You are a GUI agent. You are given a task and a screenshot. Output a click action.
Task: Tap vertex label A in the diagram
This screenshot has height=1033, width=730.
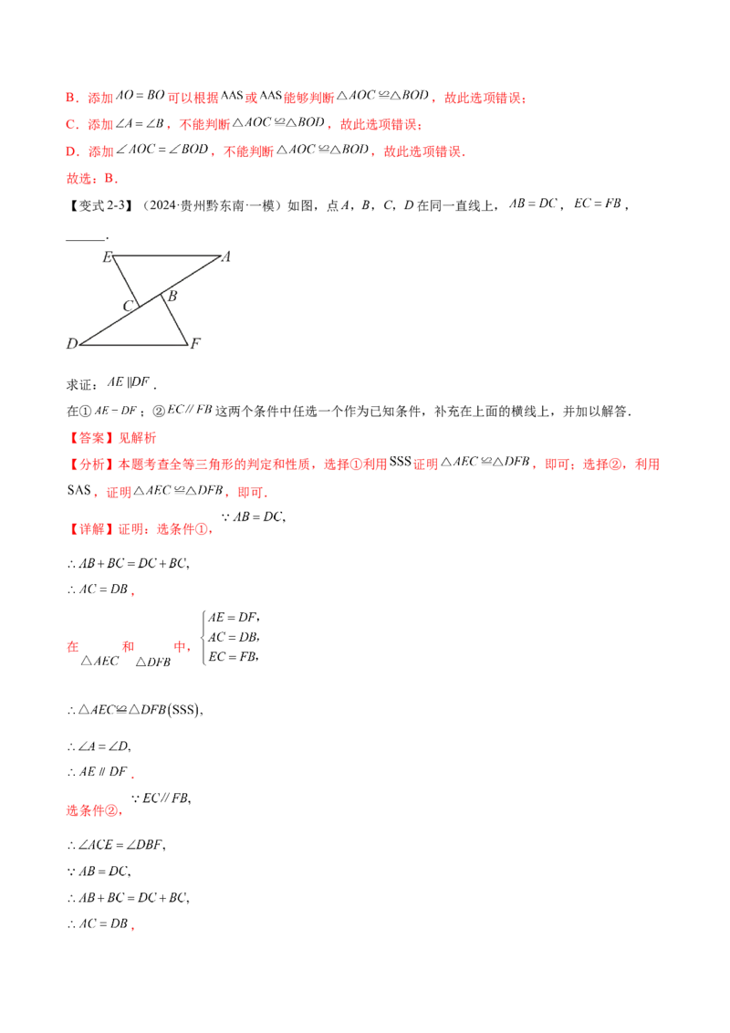(226, 254)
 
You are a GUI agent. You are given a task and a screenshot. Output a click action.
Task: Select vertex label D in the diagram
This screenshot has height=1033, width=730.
(72, 343)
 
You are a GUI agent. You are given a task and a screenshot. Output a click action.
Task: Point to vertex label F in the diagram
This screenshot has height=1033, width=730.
(198, 343)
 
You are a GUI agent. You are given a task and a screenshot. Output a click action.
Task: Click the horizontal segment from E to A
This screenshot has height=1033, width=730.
(168, 256)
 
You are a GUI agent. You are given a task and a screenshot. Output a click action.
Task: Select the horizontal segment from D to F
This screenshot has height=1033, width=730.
(135, 345)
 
